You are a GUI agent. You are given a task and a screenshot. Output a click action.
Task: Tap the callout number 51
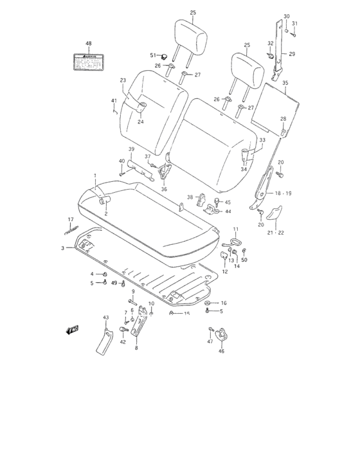[x=153, y=56]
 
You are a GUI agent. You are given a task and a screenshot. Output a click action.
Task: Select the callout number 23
[x=123, y=80]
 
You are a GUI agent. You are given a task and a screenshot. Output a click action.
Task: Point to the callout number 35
[x=285, y=83]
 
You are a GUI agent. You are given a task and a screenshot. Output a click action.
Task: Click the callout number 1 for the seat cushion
[x=94, y=175]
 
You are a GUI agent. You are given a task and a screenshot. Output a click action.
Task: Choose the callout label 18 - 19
[x=283, y=193]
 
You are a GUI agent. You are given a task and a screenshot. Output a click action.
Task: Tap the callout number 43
[x=106, y=318]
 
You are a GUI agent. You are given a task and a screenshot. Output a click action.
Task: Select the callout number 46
[x=222, y=351]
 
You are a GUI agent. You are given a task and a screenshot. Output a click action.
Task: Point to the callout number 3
[x=63, y=248]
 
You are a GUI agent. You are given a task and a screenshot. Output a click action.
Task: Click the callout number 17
[x=71, y=220]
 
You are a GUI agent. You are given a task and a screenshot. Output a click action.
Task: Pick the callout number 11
[x=235, y=229]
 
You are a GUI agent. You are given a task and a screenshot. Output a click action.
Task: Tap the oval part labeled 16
[x=209, y=302]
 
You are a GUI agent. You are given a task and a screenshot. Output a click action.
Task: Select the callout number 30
[x=286, y=15]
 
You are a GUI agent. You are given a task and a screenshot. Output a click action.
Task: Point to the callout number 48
[x=89, y=44]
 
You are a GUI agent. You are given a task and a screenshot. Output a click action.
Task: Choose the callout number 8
[x=136, y=347]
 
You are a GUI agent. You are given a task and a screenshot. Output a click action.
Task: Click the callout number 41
[x=114, y=100]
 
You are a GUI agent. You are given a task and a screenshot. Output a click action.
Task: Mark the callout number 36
[x=163, y=189]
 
